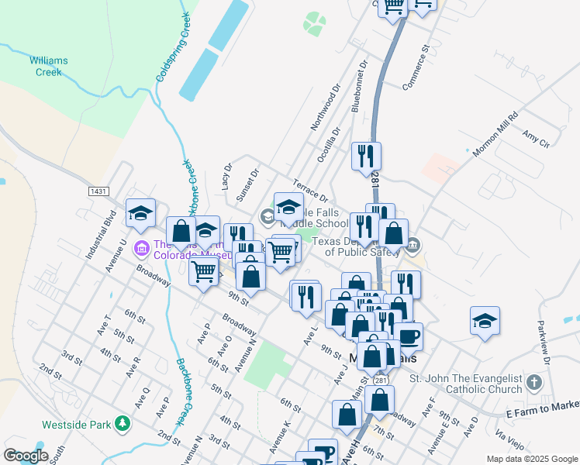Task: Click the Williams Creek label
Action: coord(49,66)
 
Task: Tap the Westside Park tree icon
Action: coord(122,424)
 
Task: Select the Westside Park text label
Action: coord(75,425)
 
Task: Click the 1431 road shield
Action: coord(98,191)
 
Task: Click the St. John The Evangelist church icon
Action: coord(533,383)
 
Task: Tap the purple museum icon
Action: coord(141,248)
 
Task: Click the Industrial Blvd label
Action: coord(99,234)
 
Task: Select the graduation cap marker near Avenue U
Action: coord(140,213)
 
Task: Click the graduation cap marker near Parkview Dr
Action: coord(485,321)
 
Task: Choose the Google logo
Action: coord(26,456)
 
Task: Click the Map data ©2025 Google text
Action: coord(531,459)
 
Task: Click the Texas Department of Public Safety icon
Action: coord(413,246)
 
